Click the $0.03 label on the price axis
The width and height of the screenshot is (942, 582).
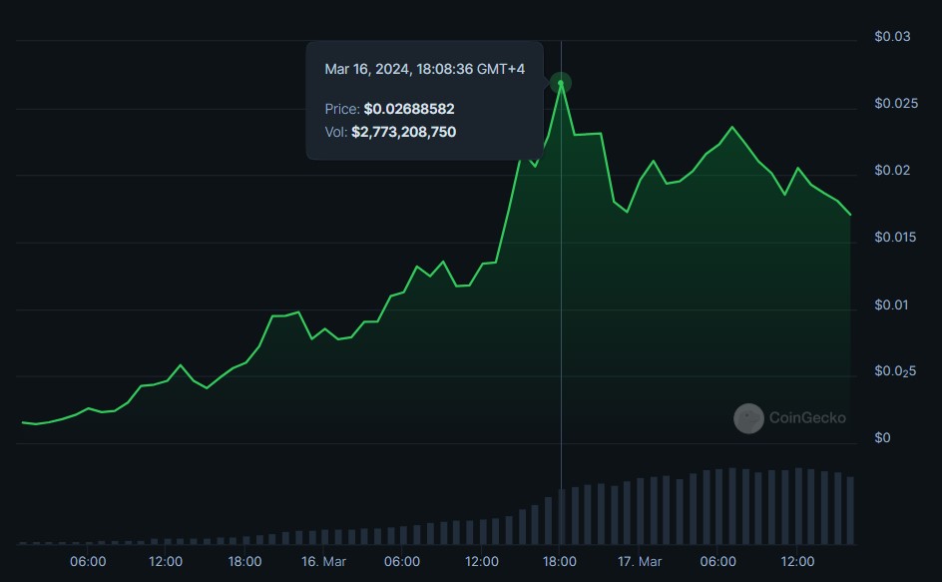[x=892, y=37]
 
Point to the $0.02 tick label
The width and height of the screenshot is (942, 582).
[x=892, y=171]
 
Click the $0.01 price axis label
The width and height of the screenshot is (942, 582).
[x=892, y=304]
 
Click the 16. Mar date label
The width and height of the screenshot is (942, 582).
[x=323, y=562]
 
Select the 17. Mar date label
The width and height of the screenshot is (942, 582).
[x=640, y=562]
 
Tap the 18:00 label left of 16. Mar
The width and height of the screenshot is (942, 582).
[x=244, y=562]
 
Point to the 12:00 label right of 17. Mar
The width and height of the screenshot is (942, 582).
[x=797, y=562]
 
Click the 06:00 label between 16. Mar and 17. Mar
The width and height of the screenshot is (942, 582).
[x=402, y=562]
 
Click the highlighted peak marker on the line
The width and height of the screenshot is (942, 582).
[x=561, y=84]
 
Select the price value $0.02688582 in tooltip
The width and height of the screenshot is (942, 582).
[x=409, y=108]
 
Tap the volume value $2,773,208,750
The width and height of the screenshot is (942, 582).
[x=403, y=132]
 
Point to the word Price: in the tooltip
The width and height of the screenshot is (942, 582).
[x=342, y=108]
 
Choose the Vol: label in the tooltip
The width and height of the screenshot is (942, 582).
[x=336, y=132]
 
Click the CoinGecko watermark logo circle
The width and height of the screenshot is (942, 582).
[x=748, y=418]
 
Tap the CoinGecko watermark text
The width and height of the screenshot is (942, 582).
[x=806, y=418]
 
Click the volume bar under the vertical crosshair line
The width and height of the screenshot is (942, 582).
[x=561, y=516]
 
